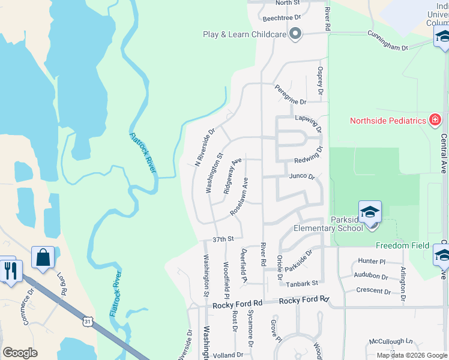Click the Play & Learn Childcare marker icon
coord(295,35)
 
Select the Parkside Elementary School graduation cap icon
coord(370,212)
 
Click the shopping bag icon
coord(43,259)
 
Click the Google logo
coord(20,353)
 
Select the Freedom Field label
coord(402,245)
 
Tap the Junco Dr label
coord(302,177)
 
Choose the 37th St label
coord(222,239)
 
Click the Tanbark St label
coord(302,282)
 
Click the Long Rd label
coord(62,283)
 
